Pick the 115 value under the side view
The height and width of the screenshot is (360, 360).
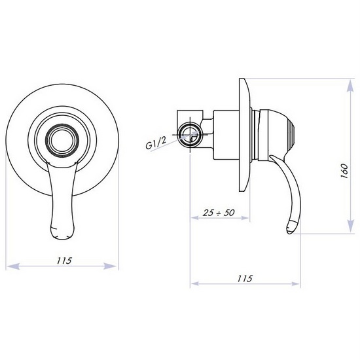point(243,278)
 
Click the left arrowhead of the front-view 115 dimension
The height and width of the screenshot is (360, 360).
point(10,267)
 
